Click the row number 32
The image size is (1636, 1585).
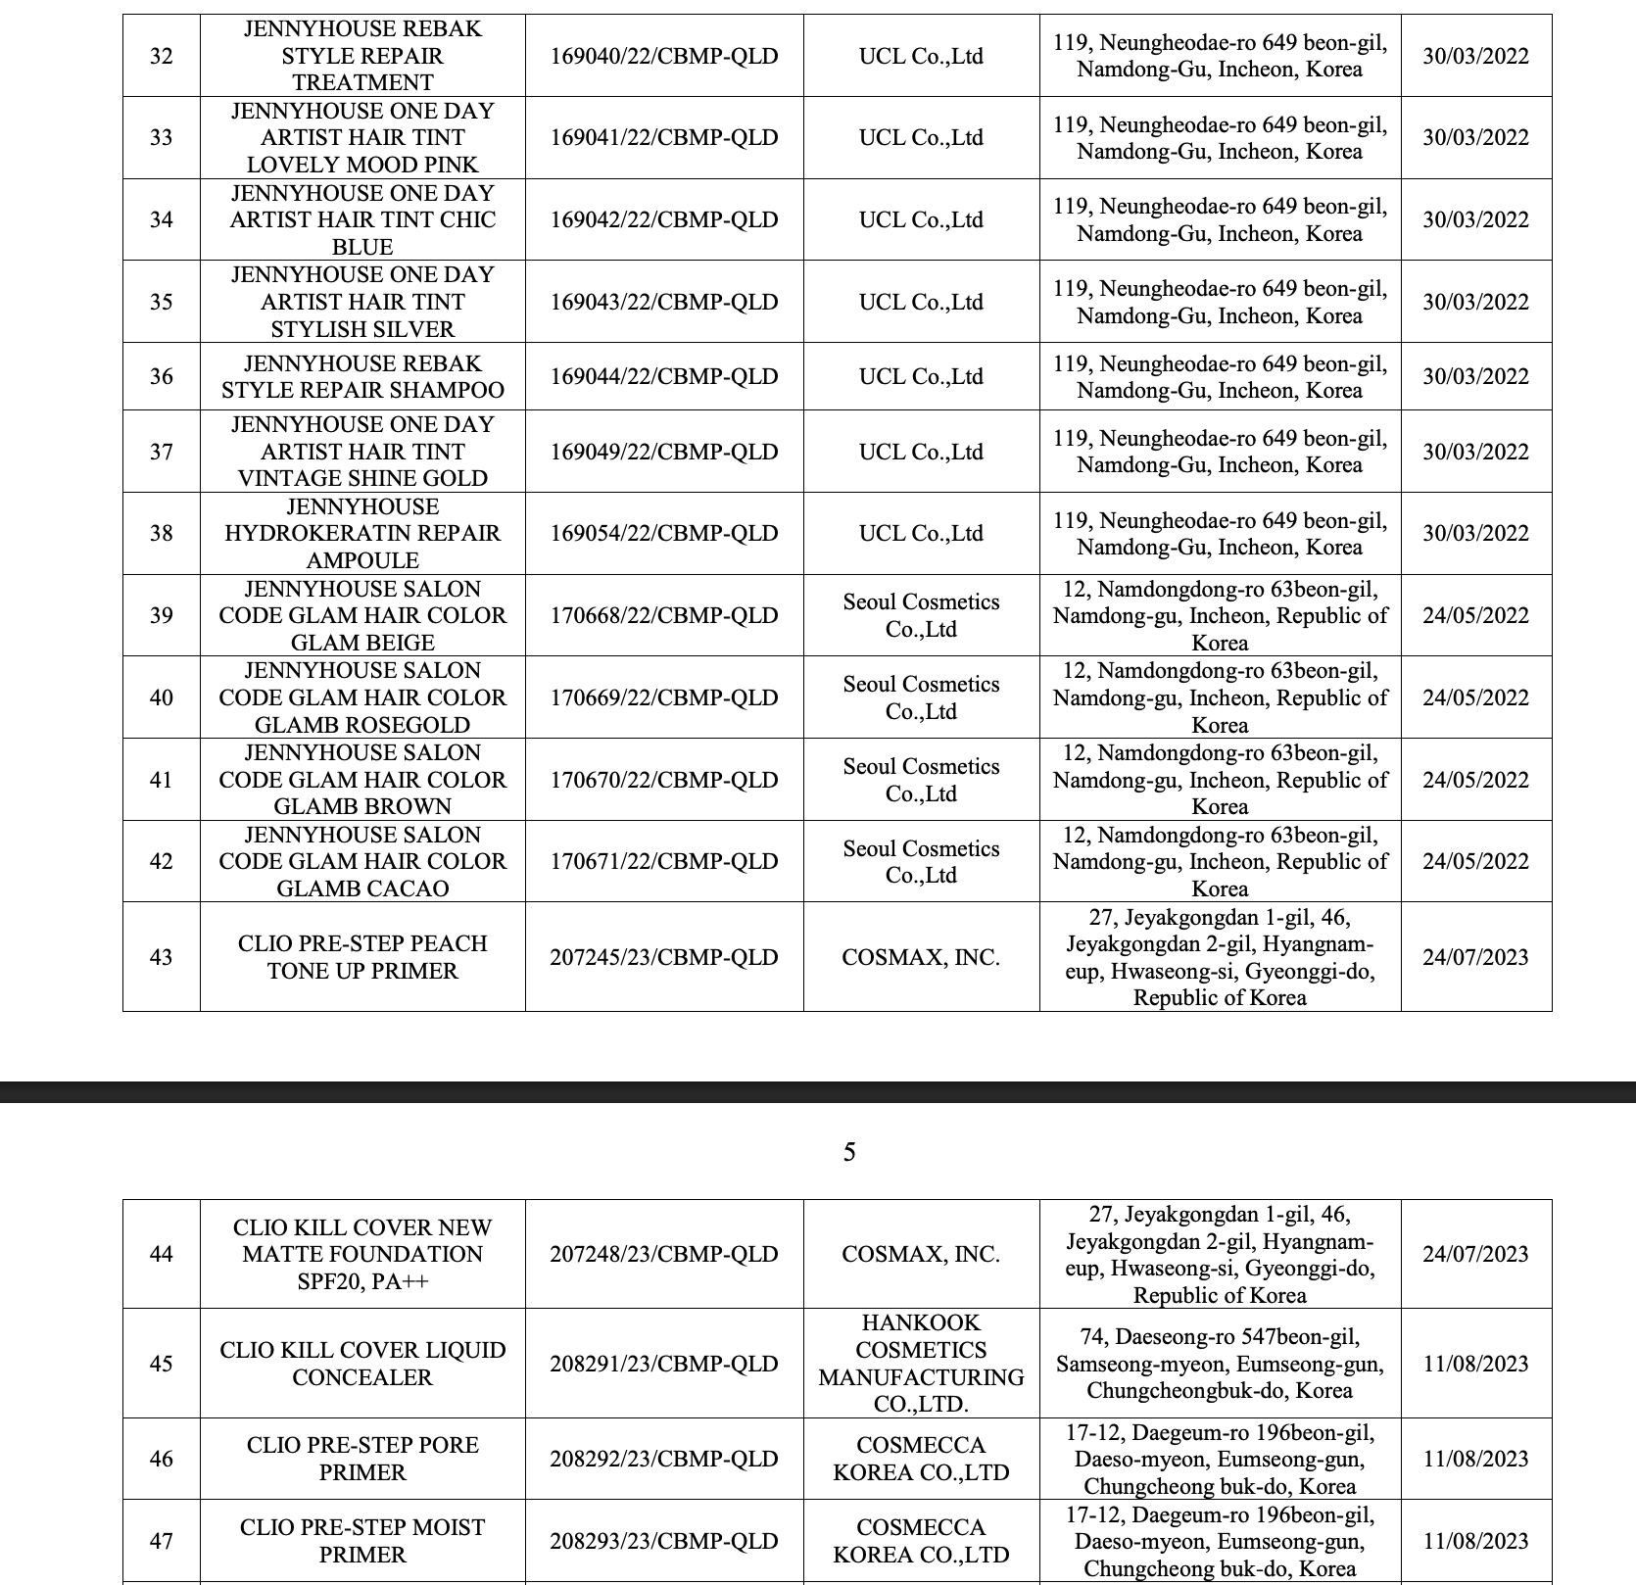click(x=161, y=56)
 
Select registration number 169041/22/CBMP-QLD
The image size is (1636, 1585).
click(x=663, y=137)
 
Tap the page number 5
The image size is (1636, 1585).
click(x=849, y=1152)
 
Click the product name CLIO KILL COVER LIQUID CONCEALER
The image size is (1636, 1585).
click(x=362, y=1363)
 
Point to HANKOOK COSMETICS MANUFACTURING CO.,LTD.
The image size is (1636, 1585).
click(x=921, y=1363)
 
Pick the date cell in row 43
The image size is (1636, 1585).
click(x=1475, y=957)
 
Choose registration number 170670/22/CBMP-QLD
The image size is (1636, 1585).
click(x=663, y=780)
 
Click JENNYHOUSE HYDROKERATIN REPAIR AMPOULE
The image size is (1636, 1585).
click(x=362, y=533)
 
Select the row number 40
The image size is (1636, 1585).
click(x=161, y=697)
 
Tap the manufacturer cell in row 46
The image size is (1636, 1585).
click(x=921, y=1459)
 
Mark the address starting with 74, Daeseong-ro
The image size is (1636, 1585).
click(x=1220, y=1363)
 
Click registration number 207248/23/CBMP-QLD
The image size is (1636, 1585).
click(x=663, y=1254)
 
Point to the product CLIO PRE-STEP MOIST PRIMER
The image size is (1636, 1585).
click(x=362, y=1541)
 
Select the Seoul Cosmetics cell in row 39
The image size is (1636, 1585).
click(x=921, y=615)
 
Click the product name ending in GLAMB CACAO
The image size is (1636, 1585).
click(x=362, y=861)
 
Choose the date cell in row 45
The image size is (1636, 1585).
click(x=1475, y=1363)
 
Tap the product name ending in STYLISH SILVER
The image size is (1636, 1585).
click(x=362, y=302)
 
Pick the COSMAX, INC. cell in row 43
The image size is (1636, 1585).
click(x=921, y=957)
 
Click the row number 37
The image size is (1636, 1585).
click(x=161, y=452)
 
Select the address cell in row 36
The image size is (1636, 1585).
click(x=1220, y=376)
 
